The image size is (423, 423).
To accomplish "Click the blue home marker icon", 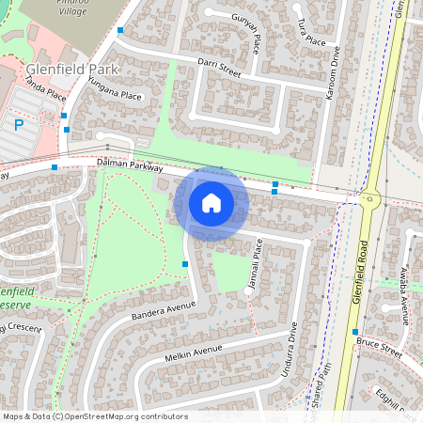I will (x=211, y=203).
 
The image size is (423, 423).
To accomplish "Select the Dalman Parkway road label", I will (x=129, y=166).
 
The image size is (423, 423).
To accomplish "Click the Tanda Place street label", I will (x=44, y=89).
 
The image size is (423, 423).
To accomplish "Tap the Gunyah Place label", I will (x=245, y=38).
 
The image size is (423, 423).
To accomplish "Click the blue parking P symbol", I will (x=17, y=125).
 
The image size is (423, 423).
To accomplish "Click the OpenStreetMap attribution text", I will (x=94, y=415).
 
